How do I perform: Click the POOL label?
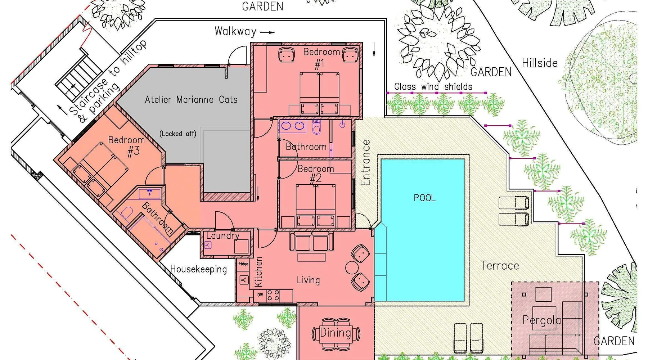point(424,198)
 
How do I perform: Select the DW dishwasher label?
point(260,295)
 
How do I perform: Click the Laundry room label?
point(223,236)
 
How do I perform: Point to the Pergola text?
point(541,320)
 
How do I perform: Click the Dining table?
point(336,333)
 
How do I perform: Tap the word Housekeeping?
point(198,269)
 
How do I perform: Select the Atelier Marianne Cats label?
point(191,99)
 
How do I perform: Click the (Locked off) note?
point(178,134)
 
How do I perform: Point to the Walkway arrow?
point(267,32)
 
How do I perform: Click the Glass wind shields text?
point(433,86)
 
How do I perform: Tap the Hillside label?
point(540,63)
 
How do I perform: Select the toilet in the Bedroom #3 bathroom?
point(126,213)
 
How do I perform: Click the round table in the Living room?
point(352,267)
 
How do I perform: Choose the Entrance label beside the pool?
point(366,163)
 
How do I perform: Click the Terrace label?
point(500,266)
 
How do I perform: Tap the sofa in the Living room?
point(312,241)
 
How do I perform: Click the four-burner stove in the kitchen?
point(273,295)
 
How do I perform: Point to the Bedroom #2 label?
point(315,174)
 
